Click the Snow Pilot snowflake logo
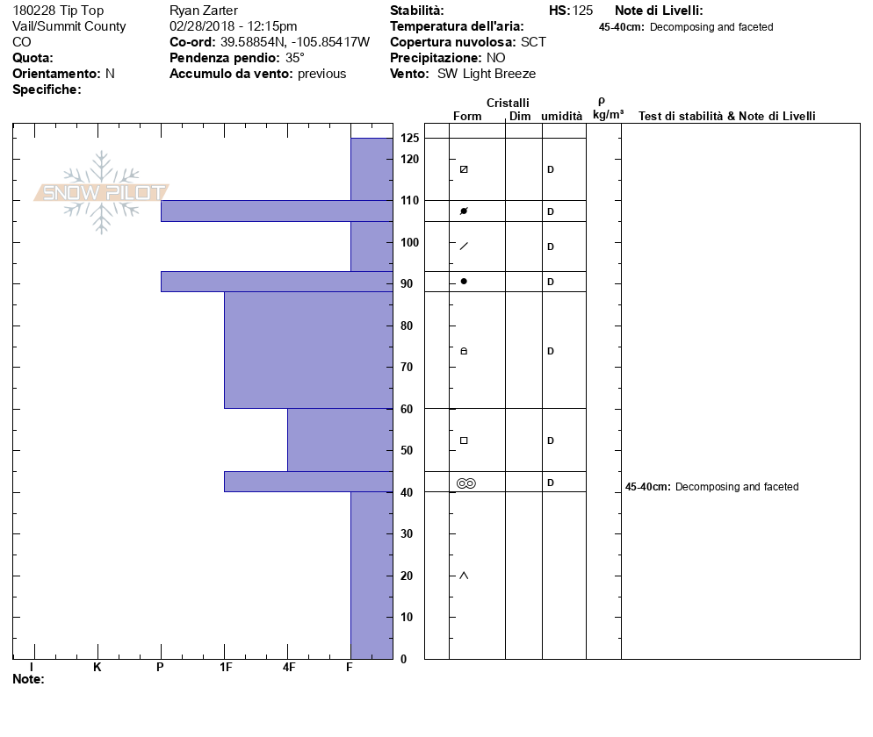102,192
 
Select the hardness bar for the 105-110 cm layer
276,211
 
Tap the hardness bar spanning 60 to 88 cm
307,349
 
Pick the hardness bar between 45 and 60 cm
339,440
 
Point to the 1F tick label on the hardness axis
225,668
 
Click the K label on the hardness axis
97,668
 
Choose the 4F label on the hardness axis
288,668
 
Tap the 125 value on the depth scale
409,139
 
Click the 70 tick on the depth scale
407,367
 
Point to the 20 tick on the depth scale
407,576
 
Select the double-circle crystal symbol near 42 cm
465,483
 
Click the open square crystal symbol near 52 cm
464,440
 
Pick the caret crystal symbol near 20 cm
464,576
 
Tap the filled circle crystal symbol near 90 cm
464,282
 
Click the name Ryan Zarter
203,11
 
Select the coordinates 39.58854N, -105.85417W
295,42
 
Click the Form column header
467,116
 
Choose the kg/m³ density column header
608,115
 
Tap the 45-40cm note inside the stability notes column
711,487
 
